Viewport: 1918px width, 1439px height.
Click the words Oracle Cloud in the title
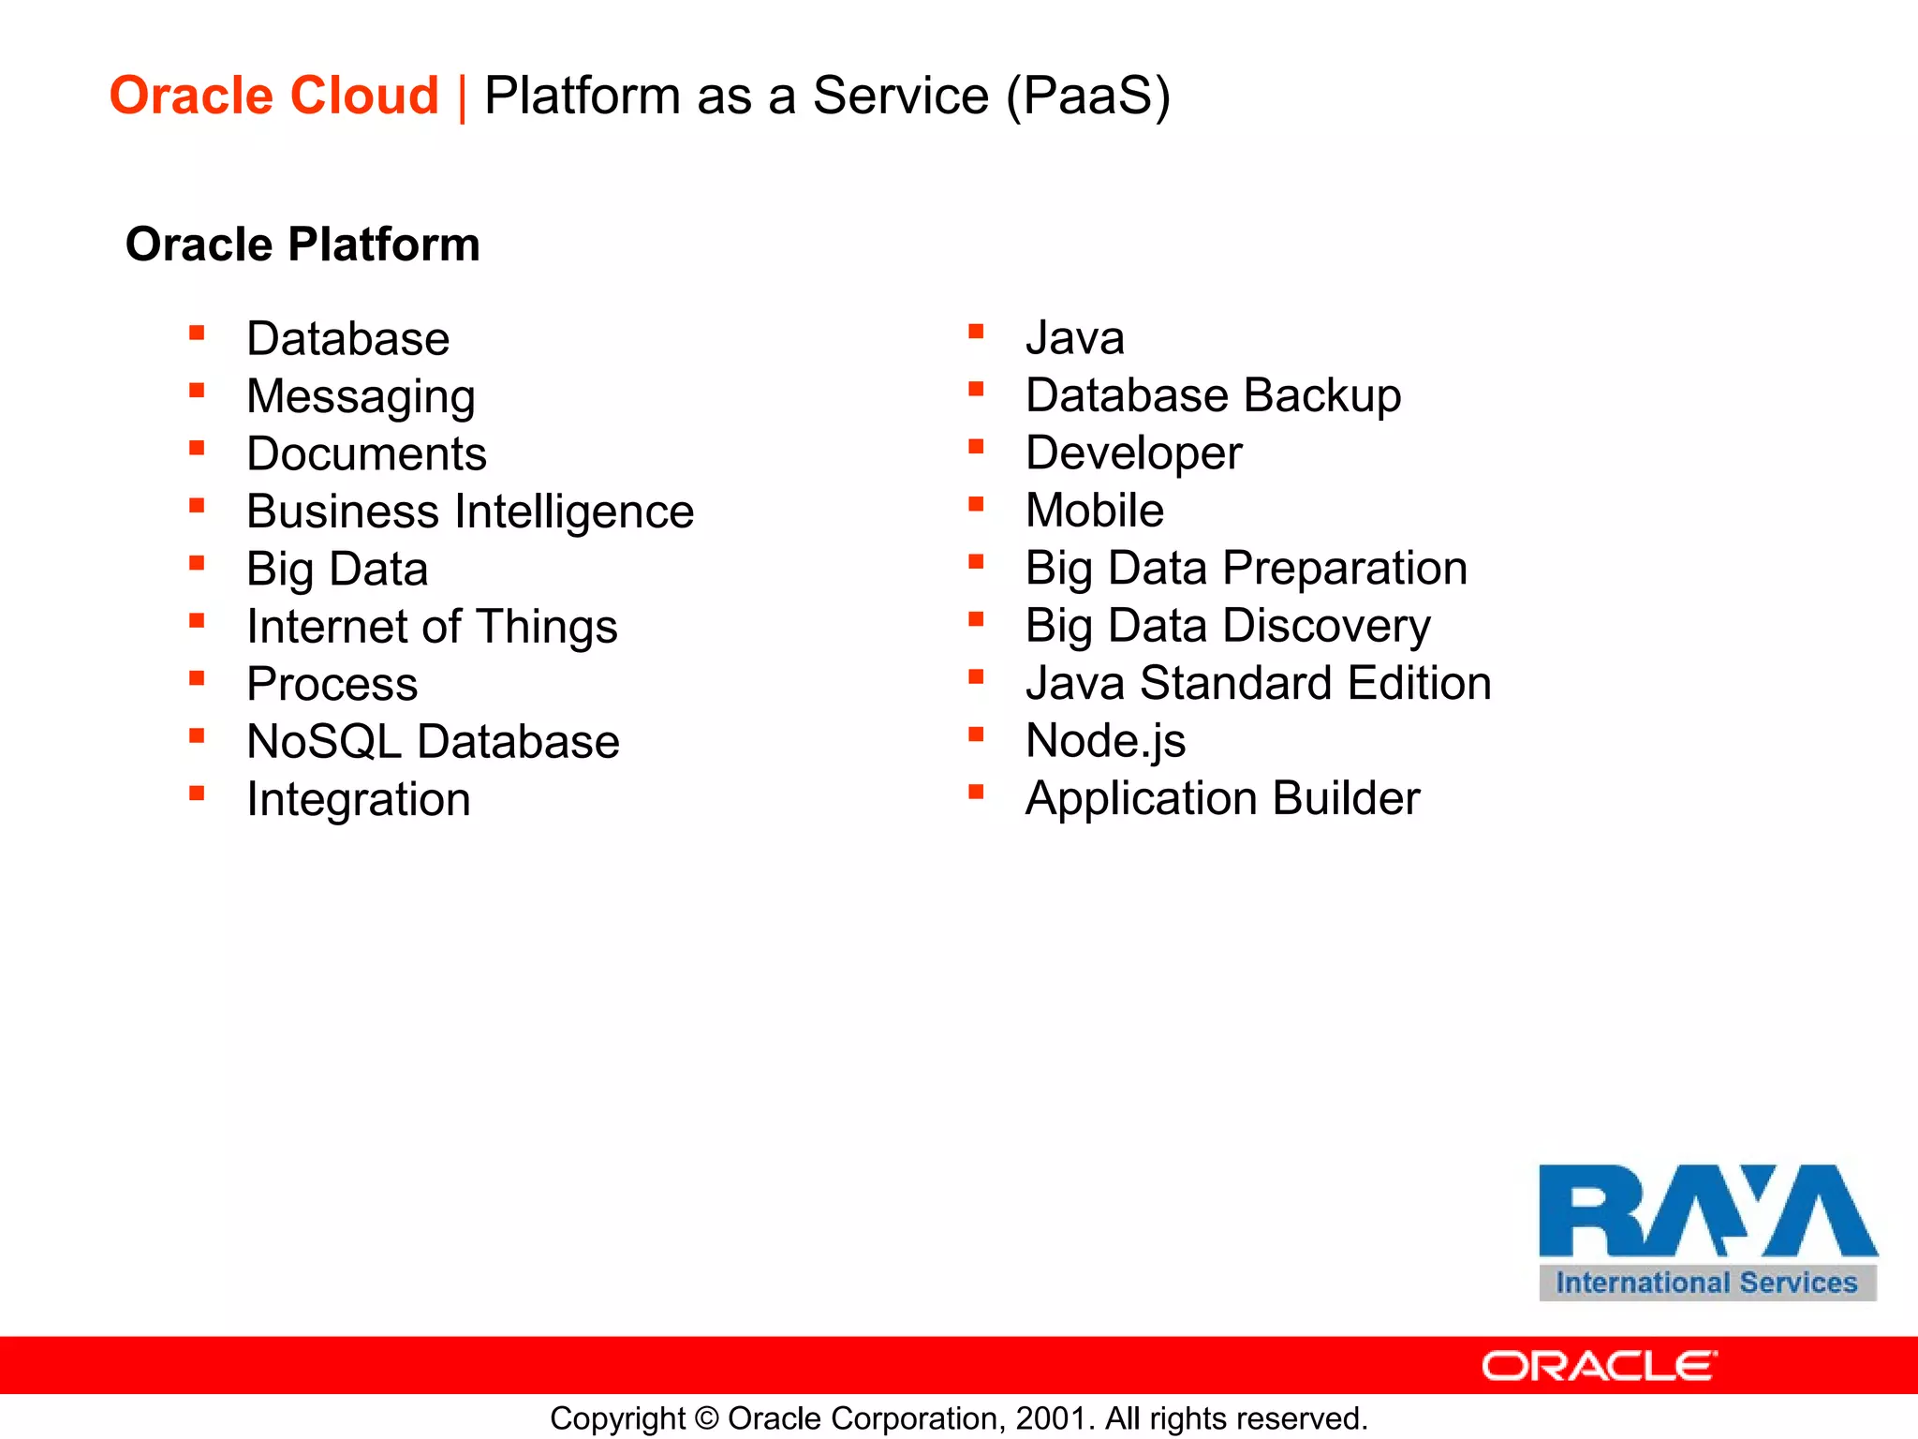pos(273,96)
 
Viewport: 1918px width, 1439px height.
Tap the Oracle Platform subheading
pos(302,245)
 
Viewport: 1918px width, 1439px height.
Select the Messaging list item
pos(361,396)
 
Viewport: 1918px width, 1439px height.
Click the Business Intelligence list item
pos(470,512)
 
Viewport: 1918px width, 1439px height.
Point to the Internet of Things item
pos(432,627)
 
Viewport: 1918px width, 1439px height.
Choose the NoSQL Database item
pos(433,742)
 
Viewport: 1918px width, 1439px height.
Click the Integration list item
pos(359,799)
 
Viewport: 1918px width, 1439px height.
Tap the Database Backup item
pos(1213,395)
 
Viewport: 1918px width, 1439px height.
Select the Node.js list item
pos(1105,741)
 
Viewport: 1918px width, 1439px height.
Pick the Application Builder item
pos(1222,798)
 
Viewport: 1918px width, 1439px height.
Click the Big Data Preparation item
pos(1246,569)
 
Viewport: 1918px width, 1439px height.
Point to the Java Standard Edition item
pos(1258,683)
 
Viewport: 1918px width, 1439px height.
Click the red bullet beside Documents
pos(197,448)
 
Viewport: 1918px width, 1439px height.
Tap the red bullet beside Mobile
pos(976,505)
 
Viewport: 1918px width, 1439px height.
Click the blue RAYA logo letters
pos(1706,1210)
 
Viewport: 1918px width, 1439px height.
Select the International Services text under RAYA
pos(1706,1283)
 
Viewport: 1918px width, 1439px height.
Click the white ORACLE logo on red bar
pos(1599,1366)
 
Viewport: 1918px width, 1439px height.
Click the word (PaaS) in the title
pos(1088,96)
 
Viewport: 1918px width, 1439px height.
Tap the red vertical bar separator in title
pos(462,97)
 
